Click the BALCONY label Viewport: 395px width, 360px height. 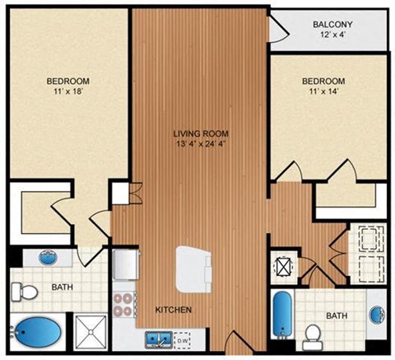click(333, 24)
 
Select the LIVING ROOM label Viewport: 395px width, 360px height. click(200, 133)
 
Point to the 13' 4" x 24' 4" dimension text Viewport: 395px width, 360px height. click(200, 146)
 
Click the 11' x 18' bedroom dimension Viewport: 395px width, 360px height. click(67, 93)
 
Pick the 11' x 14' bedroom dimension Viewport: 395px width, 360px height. click(323, 93)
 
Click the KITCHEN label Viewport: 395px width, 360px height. click(174, 310)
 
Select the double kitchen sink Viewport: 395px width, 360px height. click(158, 338)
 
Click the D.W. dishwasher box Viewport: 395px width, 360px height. click(184, 338)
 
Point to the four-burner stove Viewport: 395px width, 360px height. click(125, 302)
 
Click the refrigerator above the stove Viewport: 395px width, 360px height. click(125, 265)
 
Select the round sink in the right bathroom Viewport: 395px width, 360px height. click(378, 316)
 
